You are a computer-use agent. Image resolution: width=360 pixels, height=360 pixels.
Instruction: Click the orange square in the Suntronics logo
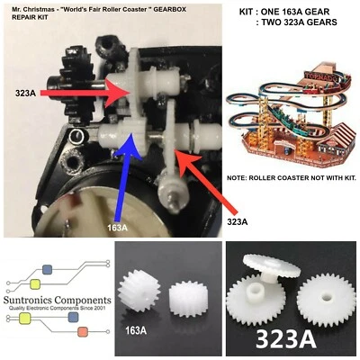pyautogui.click(x=83, y=331)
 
